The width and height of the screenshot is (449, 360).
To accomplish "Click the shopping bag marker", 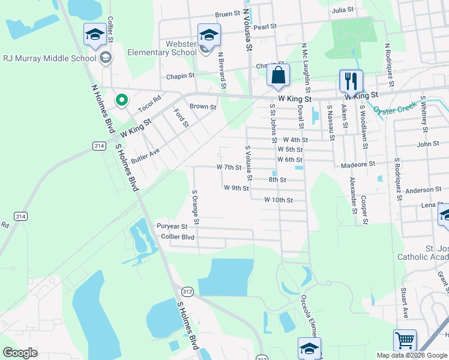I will click(x=278, y=76).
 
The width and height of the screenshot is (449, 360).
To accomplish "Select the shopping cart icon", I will click(x=405, y=340).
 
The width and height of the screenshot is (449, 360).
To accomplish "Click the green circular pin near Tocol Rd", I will click(x=122, y=100).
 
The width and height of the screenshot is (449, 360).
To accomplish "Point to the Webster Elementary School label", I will click(x=163, y=49).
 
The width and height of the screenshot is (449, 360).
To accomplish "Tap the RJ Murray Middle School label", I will click(x=50, y=58).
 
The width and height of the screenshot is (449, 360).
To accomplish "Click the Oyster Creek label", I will click(x=394, y=109).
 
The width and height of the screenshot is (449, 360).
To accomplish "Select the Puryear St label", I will click(x=172, y=226).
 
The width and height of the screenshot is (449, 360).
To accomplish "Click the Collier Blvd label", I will click(x=178, y=236).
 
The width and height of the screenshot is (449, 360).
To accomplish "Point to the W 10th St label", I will click(x=278, y=200).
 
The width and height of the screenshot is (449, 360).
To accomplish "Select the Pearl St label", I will click(x=265, y=26).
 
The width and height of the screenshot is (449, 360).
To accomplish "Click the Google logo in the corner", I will click(x=20, y=352).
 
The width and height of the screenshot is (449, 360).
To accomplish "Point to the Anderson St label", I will click(x=423, y=190).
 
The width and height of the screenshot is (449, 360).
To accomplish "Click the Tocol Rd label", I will click(x=149, y=104).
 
